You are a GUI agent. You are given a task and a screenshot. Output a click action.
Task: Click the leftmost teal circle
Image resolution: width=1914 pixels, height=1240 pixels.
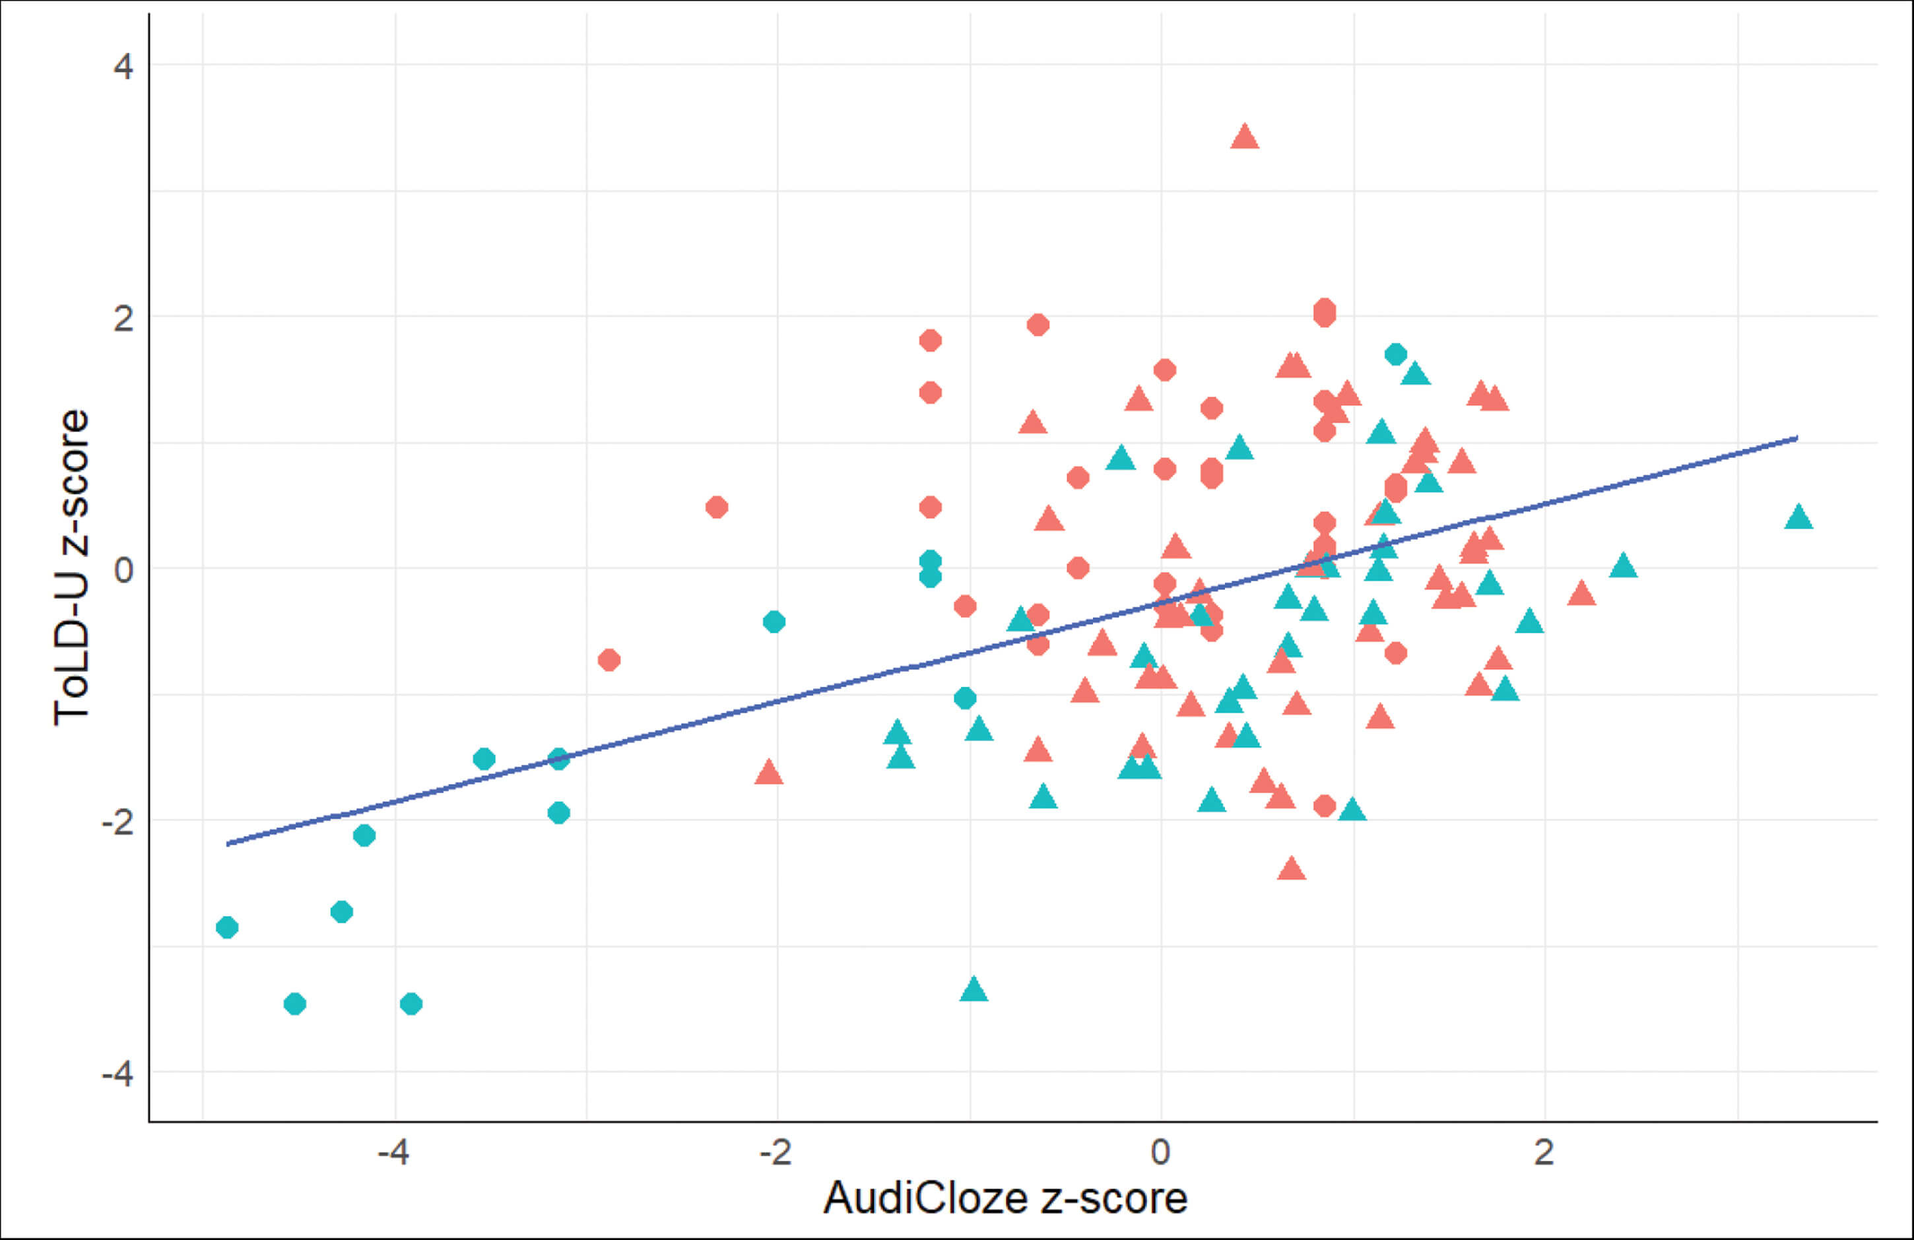click(228, 927)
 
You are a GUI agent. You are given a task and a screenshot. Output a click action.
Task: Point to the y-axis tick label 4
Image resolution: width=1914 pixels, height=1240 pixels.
click(123, 66)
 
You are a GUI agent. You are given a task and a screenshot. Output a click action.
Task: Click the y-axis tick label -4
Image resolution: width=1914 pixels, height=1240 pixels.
click(117, 1074)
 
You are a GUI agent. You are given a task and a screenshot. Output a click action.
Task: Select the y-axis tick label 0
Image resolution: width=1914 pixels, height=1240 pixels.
click(123, 570)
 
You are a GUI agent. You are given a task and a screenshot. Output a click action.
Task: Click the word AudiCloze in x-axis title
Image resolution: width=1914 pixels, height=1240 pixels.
click(925, 1199)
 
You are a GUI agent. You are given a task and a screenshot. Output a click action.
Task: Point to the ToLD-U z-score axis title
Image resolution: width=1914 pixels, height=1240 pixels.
click(71, 568)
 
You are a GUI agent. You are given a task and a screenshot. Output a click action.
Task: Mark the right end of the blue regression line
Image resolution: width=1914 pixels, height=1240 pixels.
click(1797, 438)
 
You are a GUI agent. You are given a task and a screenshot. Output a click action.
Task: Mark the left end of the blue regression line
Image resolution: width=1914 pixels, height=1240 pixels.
click(228, 843)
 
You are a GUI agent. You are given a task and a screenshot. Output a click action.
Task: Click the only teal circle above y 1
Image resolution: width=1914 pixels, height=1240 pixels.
click(1395, 354)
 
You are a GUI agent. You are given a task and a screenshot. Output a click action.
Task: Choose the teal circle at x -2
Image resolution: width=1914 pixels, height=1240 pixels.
click(774, 622)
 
